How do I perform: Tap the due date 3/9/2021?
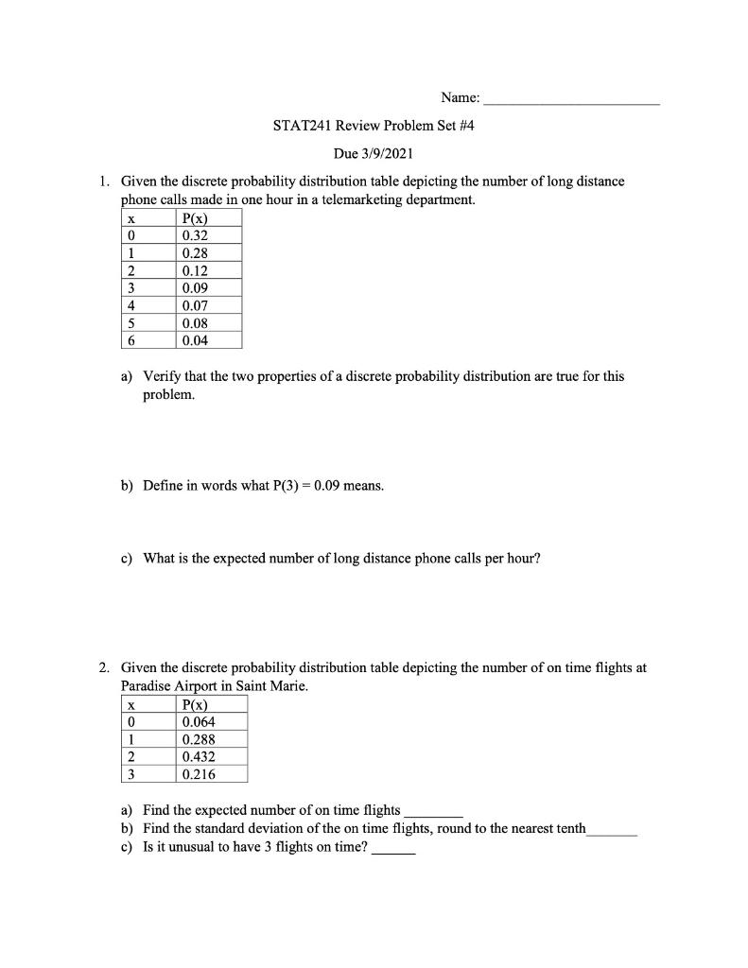coord(398,153)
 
